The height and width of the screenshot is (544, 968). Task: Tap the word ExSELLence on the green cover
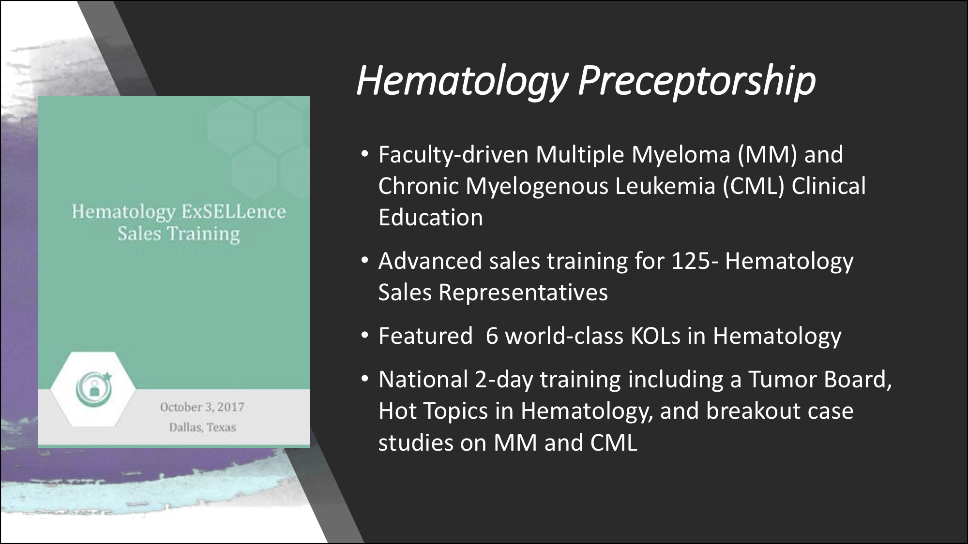[x=234, y=212]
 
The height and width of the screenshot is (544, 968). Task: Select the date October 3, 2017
[x=202, y=407]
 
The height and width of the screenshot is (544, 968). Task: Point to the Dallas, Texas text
[x=202, y=427]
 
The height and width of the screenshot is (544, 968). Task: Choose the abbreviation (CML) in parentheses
[x=754, y=186]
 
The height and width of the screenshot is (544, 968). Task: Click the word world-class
[x=564, y=336]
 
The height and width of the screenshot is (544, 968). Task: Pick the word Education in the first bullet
[x=431, y=218]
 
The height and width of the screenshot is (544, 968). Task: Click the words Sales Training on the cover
[x=179, y=234]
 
